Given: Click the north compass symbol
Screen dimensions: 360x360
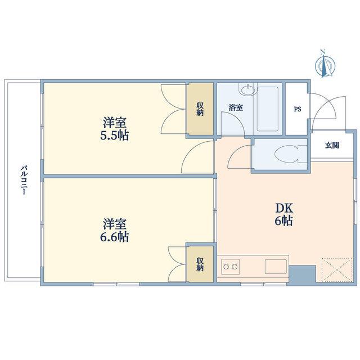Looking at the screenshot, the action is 325,64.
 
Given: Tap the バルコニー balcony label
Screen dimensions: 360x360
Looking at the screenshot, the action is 24,180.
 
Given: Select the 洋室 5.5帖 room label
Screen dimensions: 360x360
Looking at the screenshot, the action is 114,129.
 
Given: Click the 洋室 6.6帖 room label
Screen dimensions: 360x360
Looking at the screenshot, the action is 114,230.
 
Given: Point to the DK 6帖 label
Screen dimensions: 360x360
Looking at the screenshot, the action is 284,214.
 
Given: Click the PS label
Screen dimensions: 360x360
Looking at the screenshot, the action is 298,109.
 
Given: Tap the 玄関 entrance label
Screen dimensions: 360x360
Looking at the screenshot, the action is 332,145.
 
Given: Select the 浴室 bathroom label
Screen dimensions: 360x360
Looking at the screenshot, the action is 236,107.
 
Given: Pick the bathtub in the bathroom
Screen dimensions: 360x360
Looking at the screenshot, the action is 268,109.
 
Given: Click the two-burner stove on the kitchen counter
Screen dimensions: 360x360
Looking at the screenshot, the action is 230,266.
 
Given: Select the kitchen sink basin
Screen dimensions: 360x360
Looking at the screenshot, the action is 276,266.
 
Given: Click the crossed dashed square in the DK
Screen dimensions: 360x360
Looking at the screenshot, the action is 336,270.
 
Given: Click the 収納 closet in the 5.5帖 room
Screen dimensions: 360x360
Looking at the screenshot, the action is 200,109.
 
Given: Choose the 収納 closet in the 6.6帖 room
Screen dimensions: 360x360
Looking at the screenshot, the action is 200,264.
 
